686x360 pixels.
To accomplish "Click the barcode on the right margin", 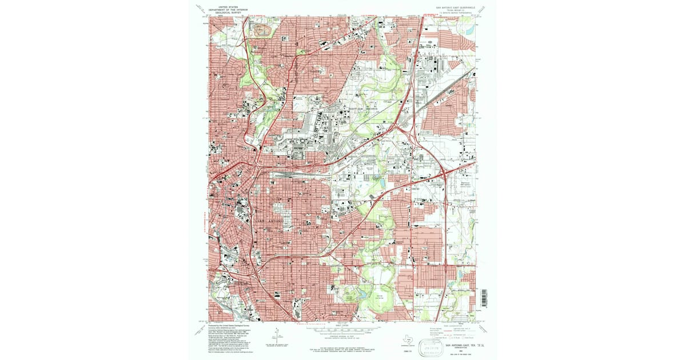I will point(484,297).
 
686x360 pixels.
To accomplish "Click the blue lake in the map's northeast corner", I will point(470,28).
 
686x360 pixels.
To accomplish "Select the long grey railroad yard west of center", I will point(292,176).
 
